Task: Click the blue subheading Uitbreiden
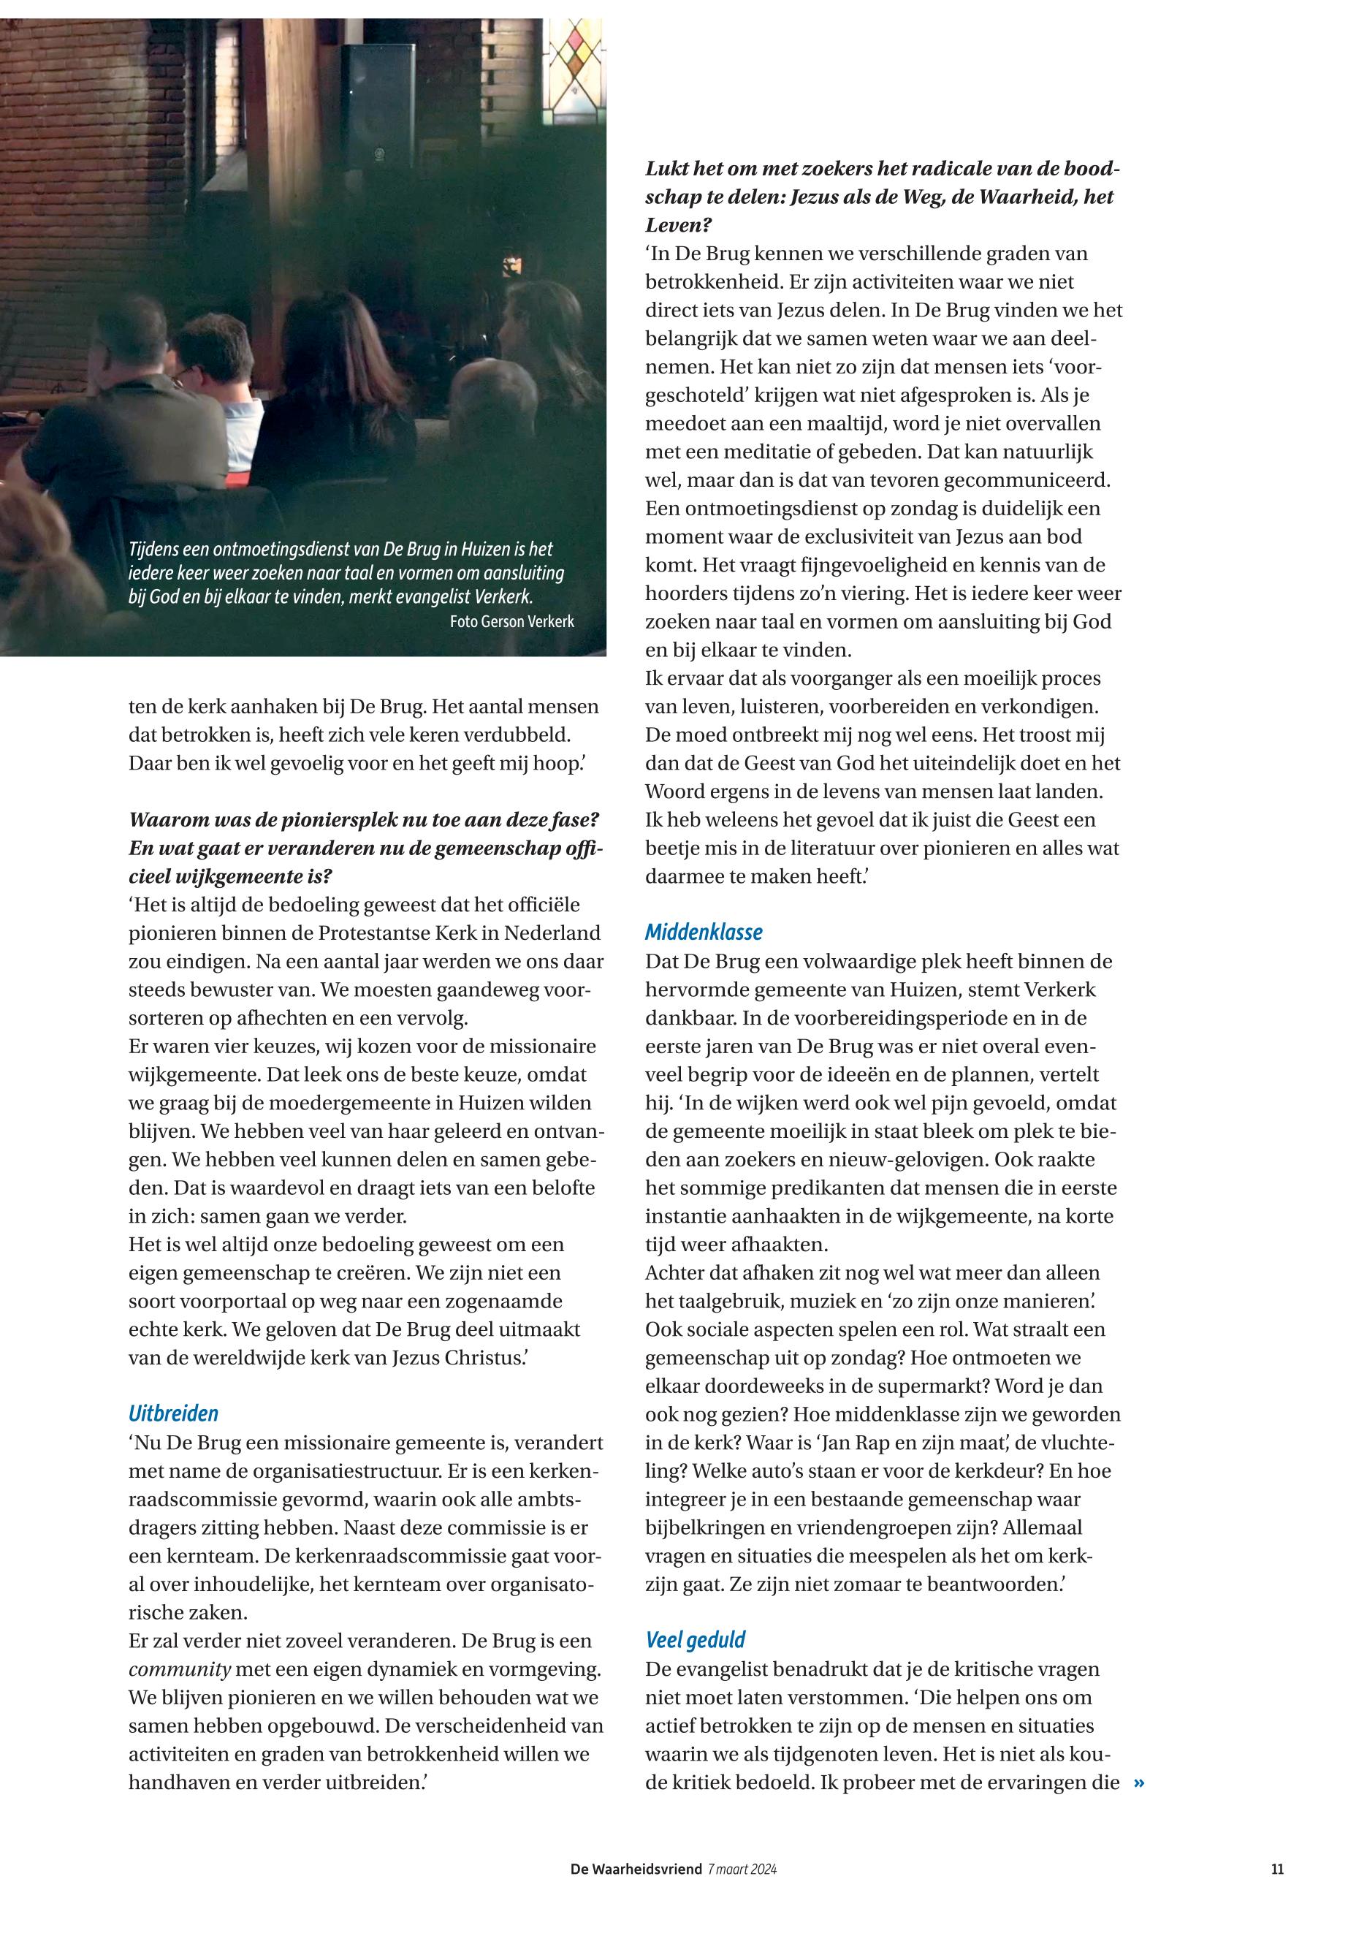(173, 1413)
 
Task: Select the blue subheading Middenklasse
(704, 933)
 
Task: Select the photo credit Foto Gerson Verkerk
(512, 622)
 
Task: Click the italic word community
(180, 1669)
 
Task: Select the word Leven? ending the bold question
(679, 226)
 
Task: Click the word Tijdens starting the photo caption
(156, 549)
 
